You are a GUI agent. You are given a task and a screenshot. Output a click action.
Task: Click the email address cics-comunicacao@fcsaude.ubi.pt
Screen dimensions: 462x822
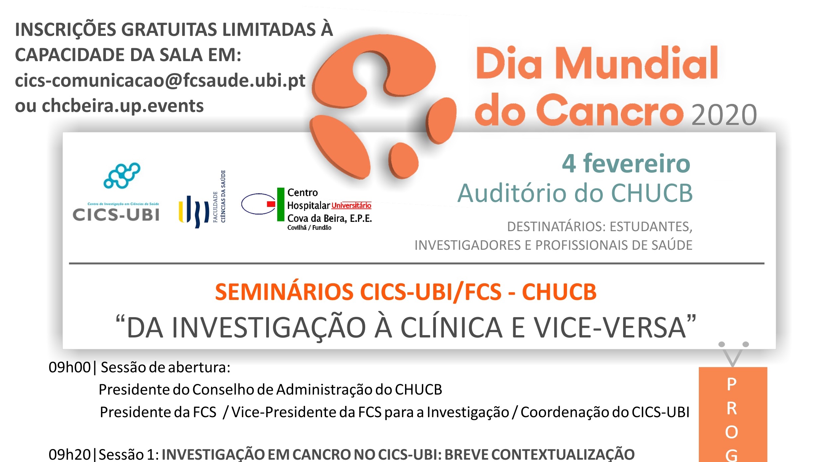tap(160, 81)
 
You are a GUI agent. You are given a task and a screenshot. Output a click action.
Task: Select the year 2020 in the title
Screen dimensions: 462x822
tap(724, 115)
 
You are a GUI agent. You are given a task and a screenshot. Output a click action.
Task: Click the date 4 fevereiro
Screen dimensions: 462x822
tap(626, 163)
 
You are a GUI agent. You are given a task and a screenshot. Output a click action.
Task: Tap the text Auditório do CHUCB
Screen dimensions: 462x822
tap(575, 193)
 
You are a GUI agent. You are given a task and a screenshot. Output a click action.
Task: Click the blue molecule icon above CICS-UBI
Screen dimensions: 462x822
tap(122, 175)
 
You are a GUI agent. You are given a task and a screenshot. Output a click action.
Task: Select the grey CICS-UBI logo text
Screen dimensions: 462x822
tap(116, 215)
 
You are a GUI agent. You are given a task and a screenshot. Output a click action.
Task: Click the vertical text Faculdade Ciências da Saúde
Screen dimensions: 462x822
tap(219, 197)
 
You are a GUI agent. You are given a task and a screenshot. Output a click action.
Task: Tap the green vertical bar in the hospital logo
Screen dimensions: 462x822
tap(281, 204)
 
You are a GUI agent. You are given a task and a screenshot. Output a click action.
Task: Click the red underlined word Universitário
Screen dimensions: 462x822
tap(351, 206)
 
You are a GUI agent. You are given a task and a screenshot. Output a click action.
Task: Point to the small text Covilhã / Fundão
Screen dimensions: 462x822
tap(309, 228)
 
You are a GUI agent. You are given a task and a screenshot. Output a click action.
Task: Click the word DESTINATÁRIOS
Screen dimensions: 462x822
tap(554, 227)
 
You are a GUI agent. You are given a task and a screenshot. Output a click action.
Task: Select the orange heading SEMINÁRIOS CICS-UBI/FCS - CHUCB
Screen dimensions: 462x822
tap(406, 292)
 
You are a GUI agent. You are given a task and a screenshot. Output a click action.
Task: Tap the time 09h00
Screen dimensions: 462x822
tap(69, 368)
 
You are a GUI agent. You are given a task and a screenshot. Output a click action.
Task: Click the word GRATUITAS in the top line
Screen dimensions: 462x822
tap(169, 30)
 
